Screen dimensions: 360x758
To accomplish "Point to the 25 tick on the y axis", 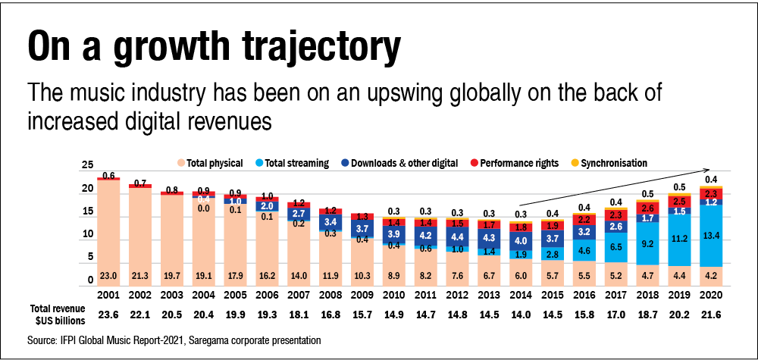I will (x=88, y=165).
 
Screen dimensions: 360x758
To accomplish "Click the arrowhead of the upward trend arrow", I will (x=709, y=170).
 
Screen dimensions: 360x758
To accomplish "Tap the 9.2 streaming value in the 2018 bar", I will (x=645, y=244).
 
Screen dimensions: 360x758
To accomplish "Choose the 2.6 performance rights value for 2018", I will (x=645, y=207).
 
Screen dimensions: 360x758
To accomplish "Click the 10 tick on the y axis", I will (x=88, y=234).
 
